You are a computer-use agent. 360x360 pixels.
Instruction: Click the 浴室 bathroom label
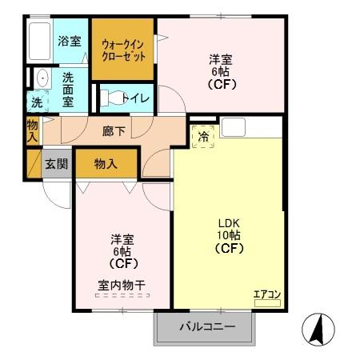(70, 41)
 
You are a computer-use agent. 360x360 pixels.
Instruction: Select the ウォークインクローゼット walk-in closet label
(122, 50)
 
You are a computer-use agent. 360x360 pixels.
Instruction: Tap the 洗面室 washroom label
(69, 88)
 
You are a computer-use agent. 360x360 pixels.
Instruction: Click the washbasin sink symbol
(40, 79)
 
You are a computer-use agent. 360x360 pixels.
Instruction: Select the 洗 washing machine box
(37, 102)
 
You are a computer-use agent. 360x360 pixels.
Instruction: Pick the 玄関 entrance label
(56, 164)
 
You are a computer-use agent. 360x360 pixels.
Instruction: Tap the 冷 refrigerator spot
(203, 136)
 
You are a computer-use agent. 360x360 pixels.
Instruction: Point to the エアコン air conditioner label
(266, 294)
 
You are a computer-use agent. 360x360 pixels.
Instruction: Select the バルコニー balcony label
(206, 327)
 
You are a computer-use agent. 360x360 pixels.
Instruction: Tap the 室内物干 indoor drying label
(122, 284)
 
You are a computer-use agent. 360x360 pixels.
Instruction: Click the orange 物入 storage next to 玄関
(106, 164)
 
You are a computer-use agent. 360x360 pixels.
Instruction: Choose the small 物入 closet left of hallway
(32, 130)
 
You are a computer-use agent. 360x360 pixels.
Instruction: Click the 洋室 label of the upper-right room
(221, 58)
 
